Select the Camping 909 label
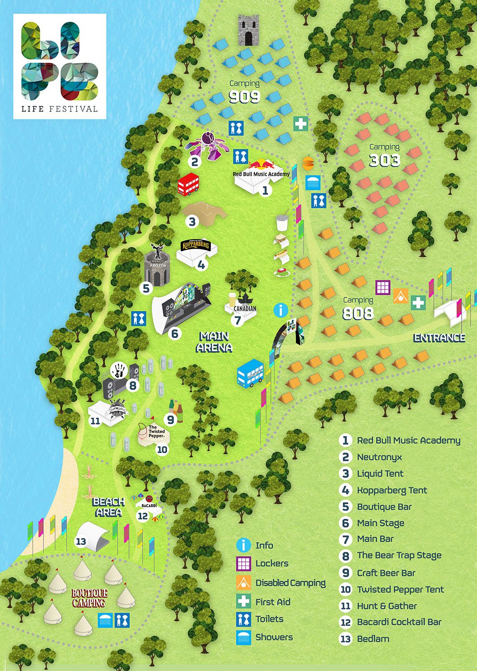pyautogui.click(x=244, y=92)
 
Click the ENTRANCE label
pyautogui.click(x=439, y=338)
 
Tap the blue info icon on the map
pyautogui.click(x=281, y=310)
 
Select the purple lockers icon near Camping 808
pyautogui.click(x=383, y=287)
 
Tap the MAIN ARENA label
pyautogui.click(x=214, y=342)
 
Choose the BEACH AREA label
pyautogui.click(x=109, y=507)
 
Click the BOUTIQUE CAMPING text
pyautogui.click(x=89, y=598)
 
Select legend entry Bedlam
pyautogui.click(x=373, y=639)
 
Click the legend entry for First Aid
pyautogui.click(x=273, y=602)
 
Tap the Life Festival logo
pyautogui.click(x=59, y=66)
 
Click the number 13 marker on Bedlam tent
pyautogui.click(x=81, y=542)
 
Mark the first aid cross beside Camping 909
pyautogui.click(x=301, y=123)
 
